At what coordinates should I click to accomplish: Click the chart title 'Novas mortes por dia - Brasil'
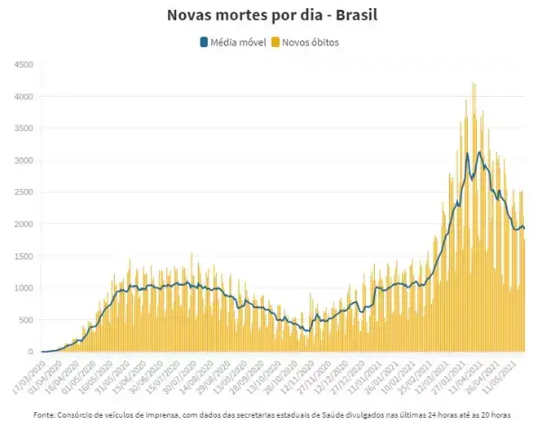click(x=270, y=16)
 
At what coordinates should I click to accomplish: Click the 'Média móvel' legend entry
click(x=236, y=42)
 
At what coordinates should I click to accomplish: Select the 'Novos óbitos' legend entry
click(x=311, y=42)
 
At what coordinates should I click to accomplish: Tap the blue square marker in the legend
click(x=203, y=42)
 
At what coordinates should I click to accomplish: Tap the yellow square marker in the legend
click(x=276, y=42)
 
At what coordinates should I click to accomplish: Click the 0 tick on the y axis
click(x=30, y=352)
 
